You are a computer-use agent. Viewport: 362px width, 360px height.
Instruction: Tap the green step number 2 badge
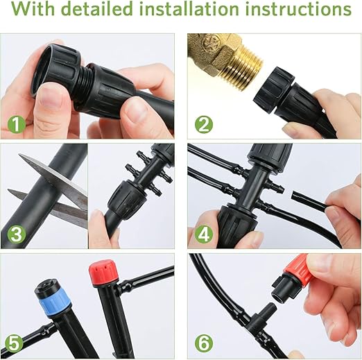point(202,126)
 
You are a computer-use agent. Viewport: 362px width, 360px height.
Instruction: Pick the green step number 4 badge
point(202,234)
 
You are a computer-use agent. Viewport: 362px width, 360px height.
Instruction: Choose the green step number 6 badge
point(202,343)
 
